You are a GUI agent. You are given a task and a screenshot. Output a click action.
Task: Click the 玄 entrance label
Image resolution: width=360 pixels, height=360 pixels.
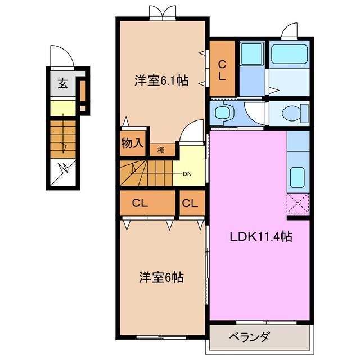pyautogui.click(x=62, y=85)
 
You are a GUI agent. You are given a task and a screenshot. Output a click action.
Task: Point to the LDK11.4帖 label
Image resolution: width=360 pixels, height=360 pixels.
pyautogui.click(x=259, y=237)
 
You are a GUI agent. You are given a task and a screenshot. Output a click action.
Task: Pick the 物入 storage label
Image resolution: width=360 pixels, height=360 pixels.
pyautogui.click(x=133, y=143)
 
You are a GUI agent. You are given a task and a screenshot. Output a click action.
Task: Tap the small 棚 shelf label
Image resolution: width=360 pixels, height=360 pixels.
pyautogui.click(x=161, y=150)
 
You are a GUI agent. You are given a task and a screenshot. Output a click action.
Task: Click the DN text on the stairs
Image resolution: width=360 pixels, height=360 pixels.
pyautogui.click(x=187, y=173)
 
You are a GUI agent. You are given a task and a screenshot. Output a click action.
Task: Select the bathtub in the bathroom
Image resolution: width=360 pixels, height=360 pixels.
pyautogui.click(x=287, y=55)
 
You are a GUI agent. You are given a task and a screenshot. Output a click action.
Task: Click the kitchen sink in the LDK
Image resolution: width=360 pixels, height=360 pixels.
pyautogui.click(x=296, y=177)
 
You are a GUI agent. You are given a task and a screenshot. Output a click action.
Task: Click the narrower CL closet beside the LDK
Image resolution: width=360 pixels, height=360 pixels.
pyautogui.click(x=190, y=203)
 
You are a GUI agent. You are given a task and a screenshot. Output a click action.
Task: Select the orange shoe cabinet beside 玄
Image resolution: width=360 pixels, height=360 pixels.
pyautogui.click(x=82, y=89)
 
